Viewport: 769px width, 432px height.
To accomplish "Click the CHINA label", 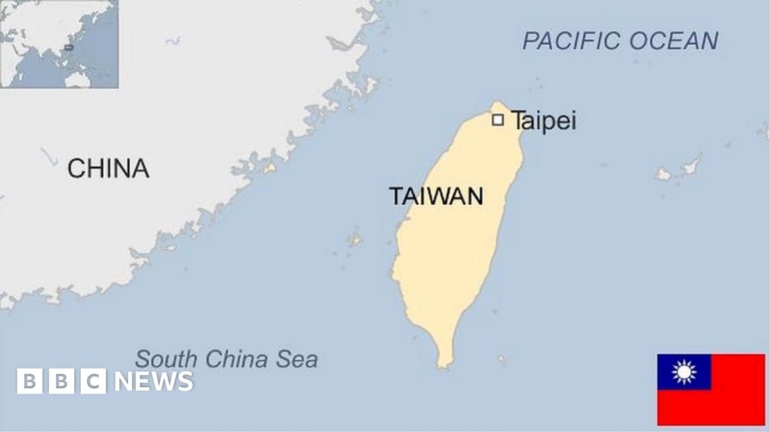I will (x=108, y=168).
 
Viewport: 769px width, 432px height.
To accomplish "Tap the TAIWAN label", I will (x=436, y=196).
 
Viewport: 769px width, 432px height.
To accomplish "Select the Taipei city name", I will (x=543, y=121).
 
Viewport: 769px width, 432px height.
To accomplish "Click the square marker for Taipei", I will (x=498, y=120).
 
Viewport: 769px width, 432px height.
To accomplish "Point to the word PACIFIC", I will (x=573, y=41).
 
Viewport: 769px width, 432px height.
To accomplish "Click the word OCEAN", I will (x=674, y=41).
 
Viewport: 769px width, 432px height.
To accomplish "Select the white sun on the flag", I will (x=684, y=372).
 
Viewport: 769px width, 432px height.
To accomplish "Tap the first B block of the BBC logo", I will (x=29, y=381).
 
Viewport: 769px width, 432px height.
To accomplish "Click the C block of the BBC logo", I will (x=94, y=381).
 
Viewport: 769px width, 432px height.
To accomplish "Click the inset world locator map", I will (x=59, y=44).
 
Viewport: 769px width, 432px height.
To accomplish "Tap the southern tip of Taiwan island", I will (x=443, y=365).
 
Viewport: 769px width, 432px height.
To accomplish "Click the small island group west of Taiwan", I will (x=354, y=239).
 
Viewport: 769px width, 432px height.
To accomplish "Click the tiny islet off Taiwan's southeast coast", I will (x=502, y=360).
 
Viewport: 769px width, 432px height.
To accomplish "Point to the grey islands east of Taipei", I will (x=679, y=169).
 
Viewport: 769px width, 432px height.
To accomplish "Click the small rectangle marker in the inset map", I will (x=69, y=47).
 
